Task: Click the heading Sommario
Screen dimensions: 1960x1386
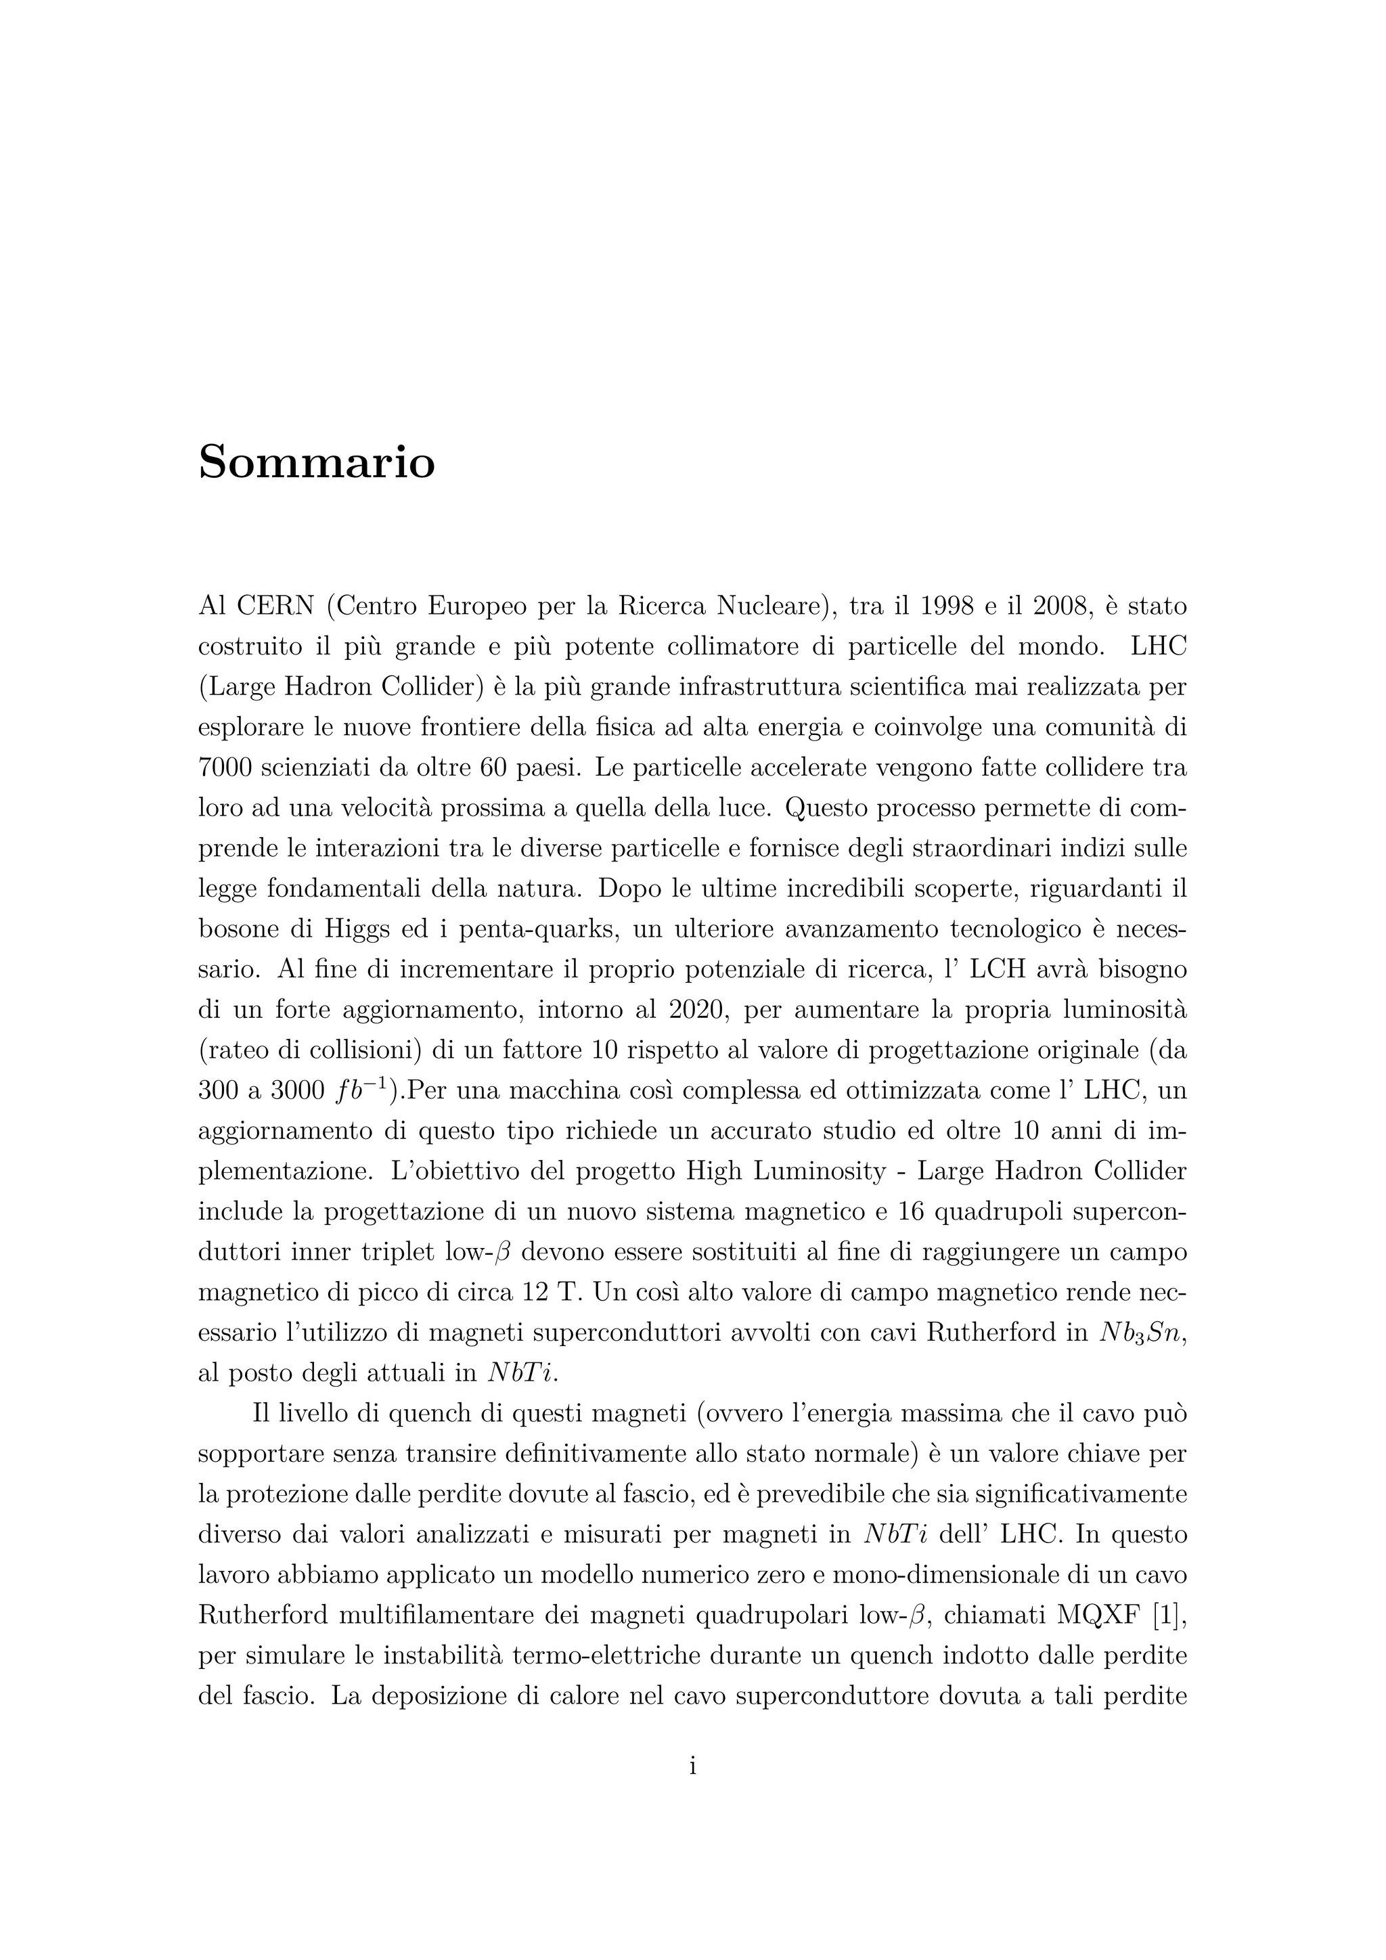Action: (x=317, y=463)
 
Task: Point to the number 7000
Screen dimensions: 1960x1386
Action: (x=225, y=767)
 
